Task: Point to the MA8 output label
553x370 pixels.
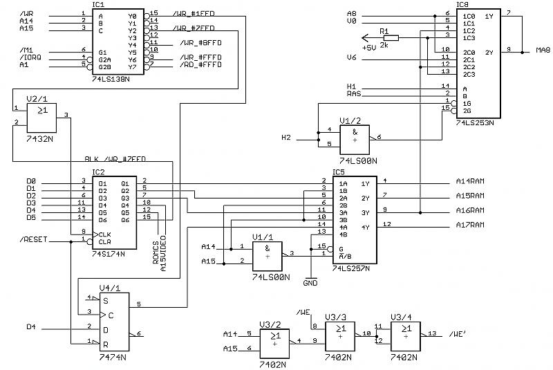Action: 543,50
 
